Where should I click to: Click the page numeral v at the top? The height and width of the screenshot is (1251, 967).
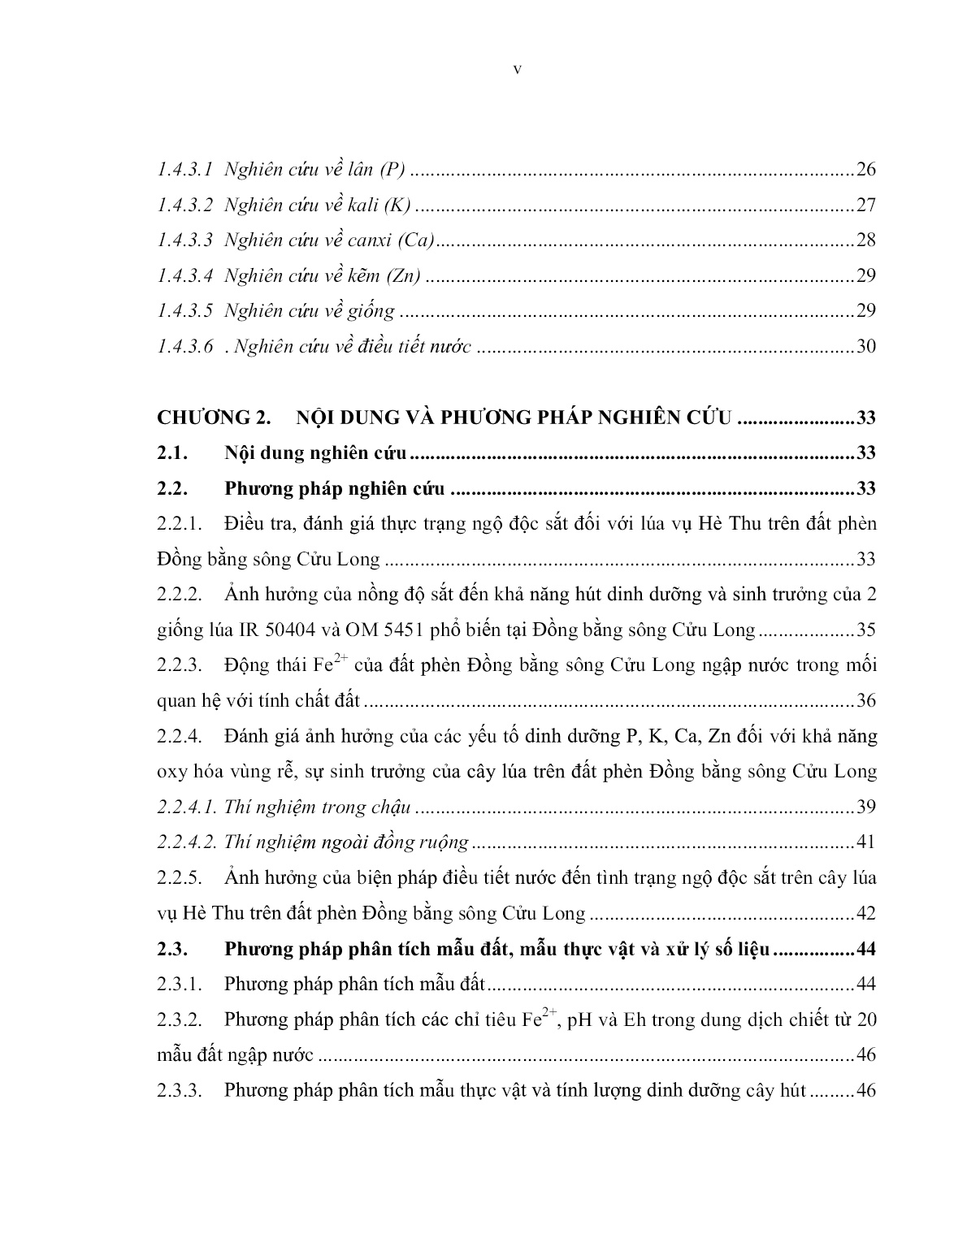pyautogui.click(x=518, y=70)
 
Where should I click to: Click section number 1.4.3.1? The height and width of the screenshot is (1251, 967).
pyautogui.click(x=185, y=171)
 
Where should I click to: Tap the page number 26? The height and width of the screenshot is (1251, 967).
pyautogui.click(x=865, y=171)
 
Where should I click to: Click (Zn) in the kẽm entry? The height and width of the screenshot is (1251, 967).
pyautogui.click(x=404, y=276)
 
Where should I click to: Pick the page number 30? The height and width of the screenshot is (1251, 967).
pyautogui.click(x=865, y=347)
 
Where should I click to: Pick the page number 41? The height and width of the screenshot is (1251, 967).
pyautogui.click(x=865, y=842)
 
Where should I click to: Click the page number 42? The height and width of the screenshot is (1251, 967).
pyautogui.click(x=865, y=913)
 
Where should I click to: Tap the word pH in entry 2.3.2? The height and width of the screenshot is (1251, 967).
pyautogui.click(x=579, y=1020)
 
